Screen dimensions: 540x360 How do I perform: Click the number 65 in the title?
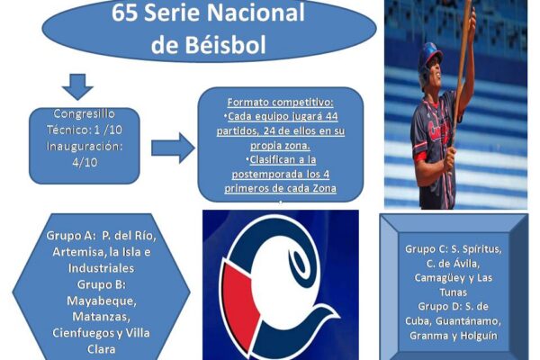coord(125,13)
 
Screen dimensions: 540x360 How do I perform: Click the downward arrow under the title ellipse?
coord(77,86)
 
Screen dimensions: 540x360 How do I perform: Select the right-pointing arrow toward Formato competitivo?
coord(173,148)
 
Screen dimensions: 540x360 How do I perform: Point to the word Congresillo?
coord(85,113)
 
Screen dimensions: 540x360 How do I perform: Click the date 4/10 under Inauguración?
coord(85,162)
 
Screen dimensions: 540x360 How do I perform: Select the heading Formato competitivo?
coord(280,103)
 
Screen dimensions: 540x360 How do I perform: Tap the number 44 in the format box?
coord(331,116)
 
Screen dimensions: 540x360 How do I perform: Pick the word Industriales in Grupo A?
coord(101,268)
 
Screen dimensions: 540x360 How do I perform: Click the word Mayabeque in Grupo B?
coord(101,301)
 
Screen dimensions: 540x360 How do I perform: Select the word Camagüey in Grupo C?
coord(436,278)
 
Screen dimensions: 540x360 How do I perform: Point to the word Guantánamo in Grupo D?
coord(468,321)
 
